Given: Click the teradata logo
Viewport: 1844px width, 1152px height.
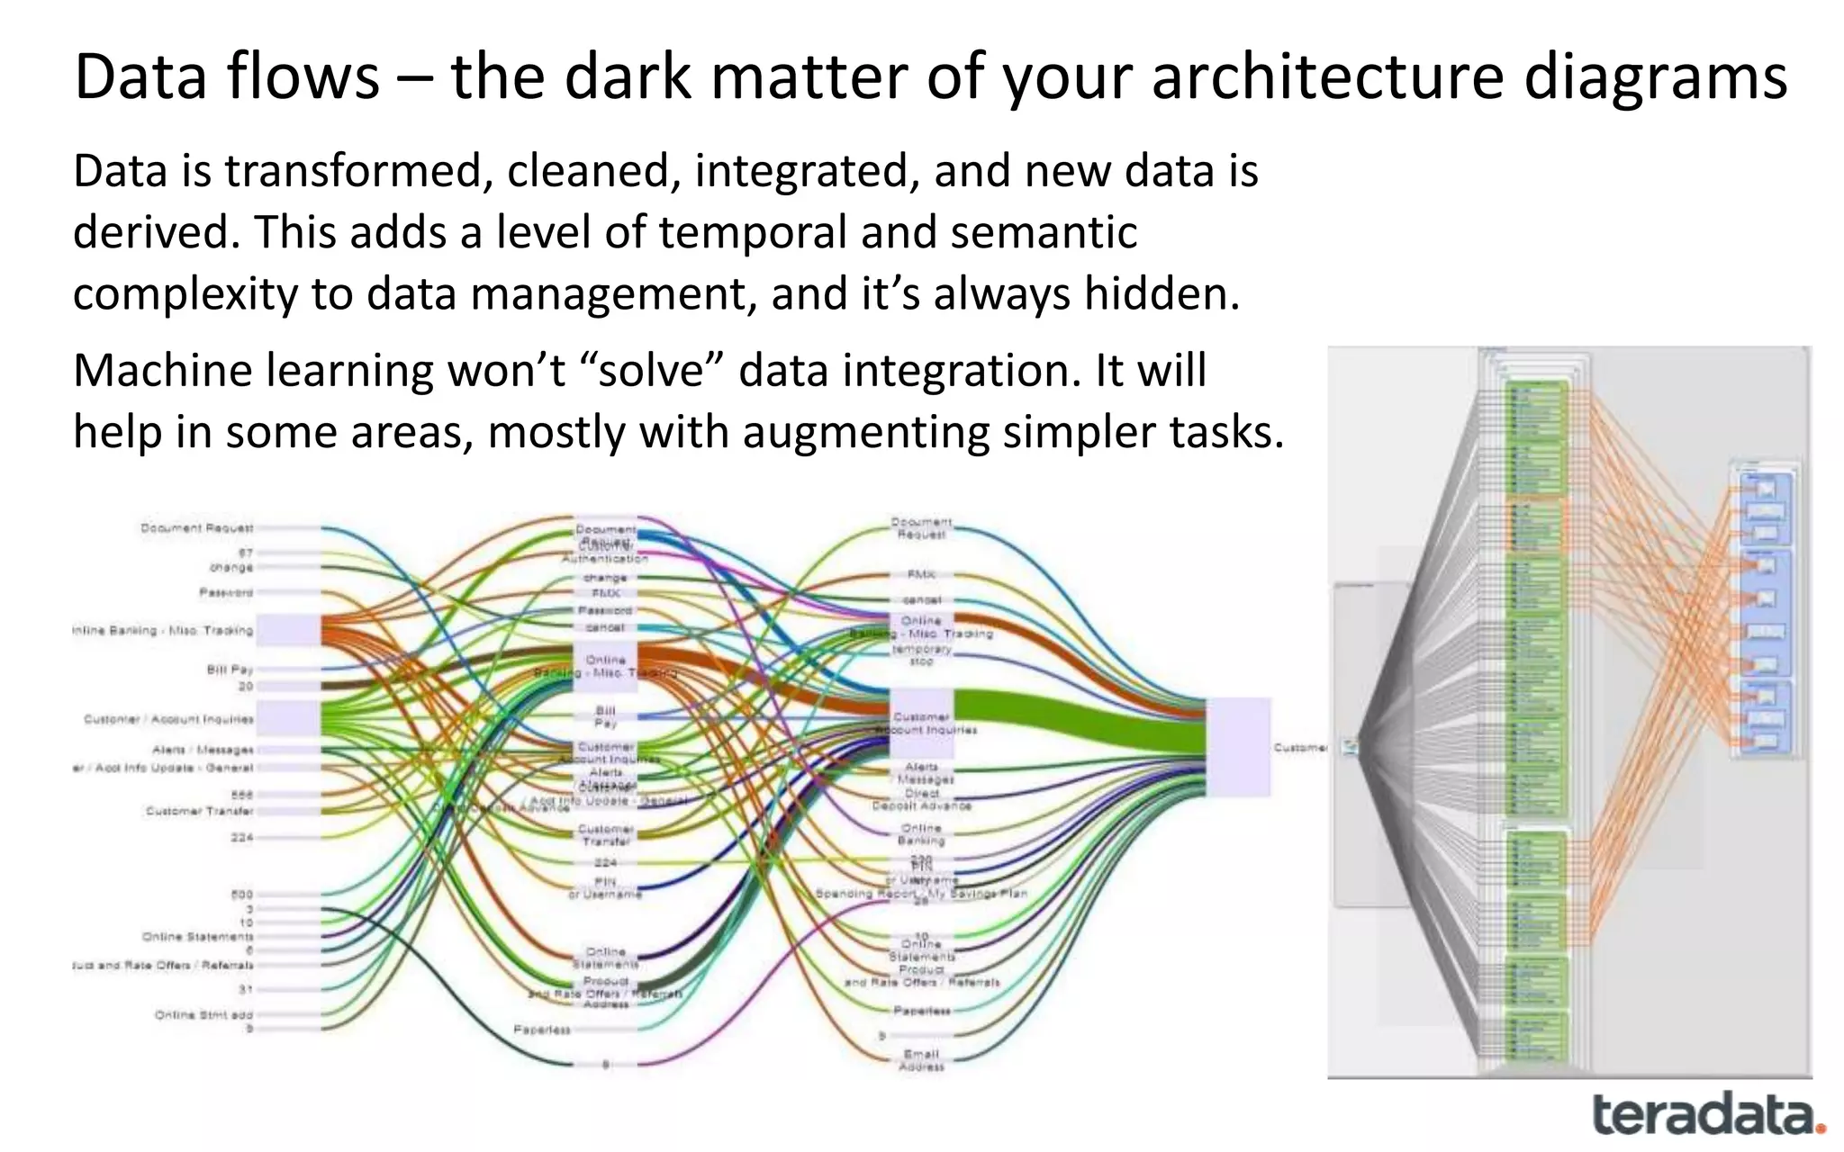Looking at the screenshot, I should [x=1707, y=1115].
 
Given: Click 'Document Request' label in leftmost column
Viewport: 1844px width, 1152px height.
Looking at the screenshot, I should [x=196, y=528].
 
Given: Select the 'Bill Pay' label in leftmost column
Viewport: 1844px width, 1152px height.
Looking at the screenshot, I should [x=230, y=670].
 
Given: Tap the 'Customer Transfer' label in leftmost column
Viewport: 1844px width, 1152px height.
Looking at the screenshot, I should [x=199, y=811].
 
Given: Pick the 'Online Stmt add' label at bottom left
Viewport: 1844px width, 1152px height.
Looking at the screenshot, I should [x=203, y=1014].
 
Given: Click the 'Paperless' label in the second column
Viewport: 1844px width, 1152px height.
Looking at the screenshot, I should [x=541, y=1030].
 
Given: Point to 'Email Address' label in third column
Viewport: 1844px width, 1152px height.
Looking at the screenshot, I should [x=921, y=1060].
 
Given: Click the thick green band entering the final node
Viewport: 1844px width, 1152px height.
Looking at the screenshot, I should [x=1080, y=719].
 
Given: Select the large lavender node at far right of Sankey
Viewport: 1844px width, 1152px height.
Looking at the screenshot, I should [x=1239, y=746].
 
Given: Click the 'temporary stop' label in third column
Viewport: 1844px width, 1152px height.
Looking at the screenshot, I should [x=921, y=654].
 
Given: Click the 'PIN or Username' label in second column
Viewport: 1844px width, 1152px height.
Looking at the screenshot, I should [x=605, y=888].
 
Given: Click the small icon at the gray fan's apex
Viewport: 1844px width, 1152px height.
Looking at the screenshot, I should [x=1349, y=746].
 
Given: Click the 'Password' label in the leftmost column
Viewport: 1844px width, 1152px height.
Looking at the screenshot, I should [x=226, y=592].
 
